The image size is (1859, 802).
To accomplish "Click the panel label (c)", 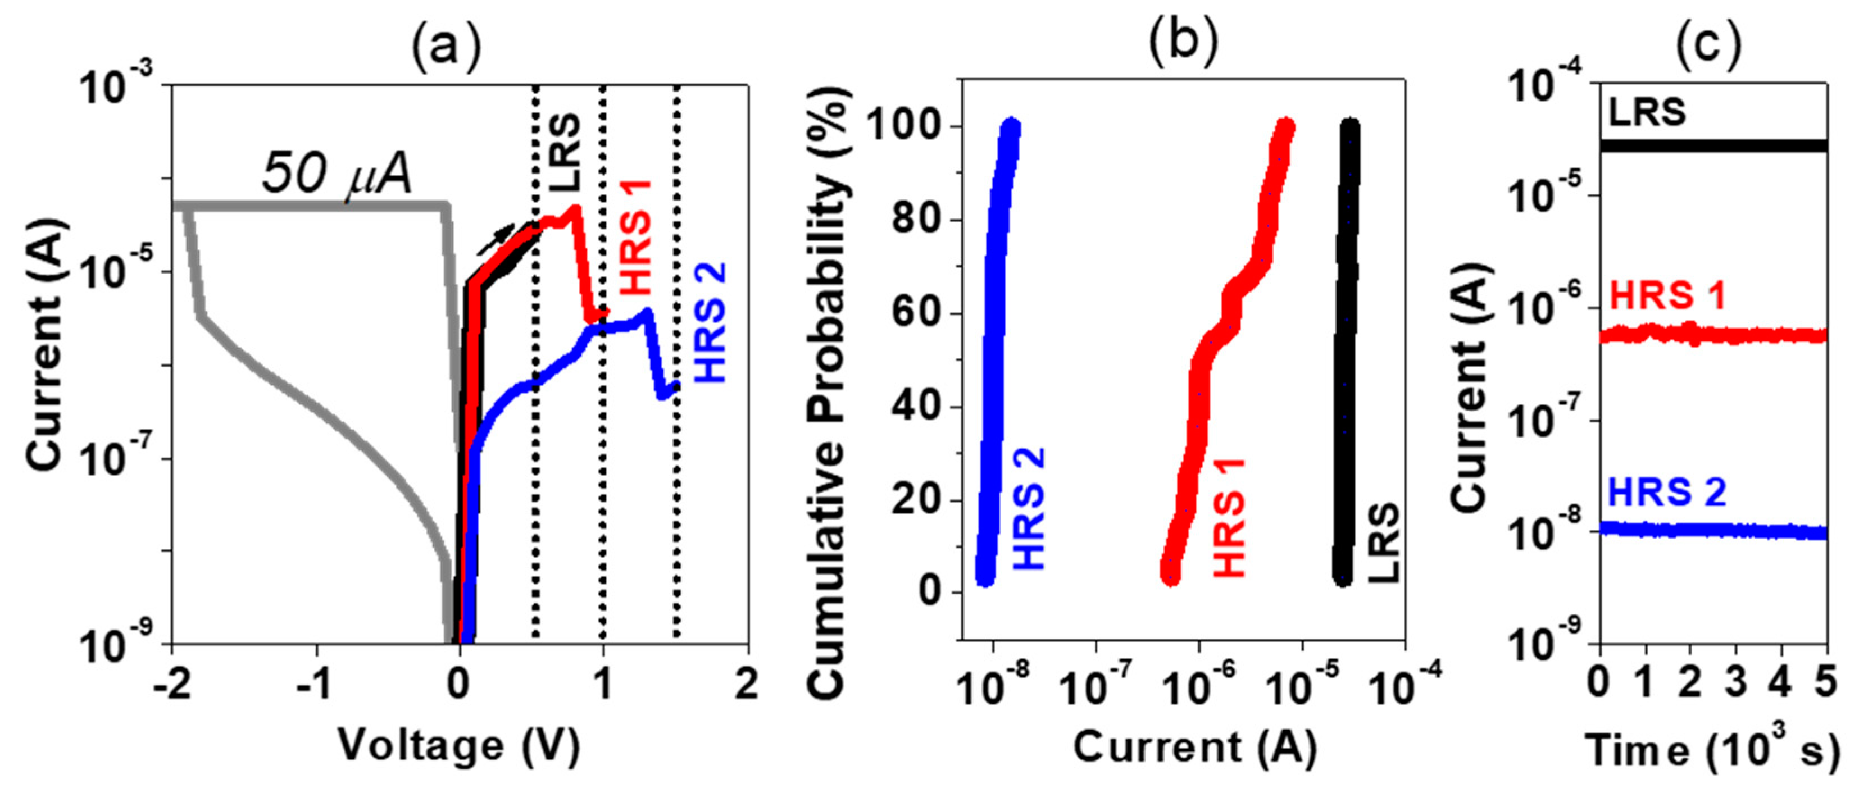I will coord(1707,45).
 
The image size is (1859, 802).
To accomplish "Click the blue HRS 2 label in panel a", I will coord(710,322).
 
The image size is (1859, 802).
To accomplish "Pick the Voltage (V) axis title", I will coord(459,746).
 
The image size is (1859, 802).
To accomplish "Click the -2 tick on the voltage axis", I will coord(172,682).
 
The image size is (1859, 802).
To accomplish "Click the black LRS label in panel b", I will coord(1383,543).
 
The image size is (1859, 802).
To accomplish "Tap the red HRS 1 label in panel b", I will coord(1230,517).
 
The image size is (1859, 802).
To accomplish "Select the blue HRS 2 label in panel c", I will coord(1667,493).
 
